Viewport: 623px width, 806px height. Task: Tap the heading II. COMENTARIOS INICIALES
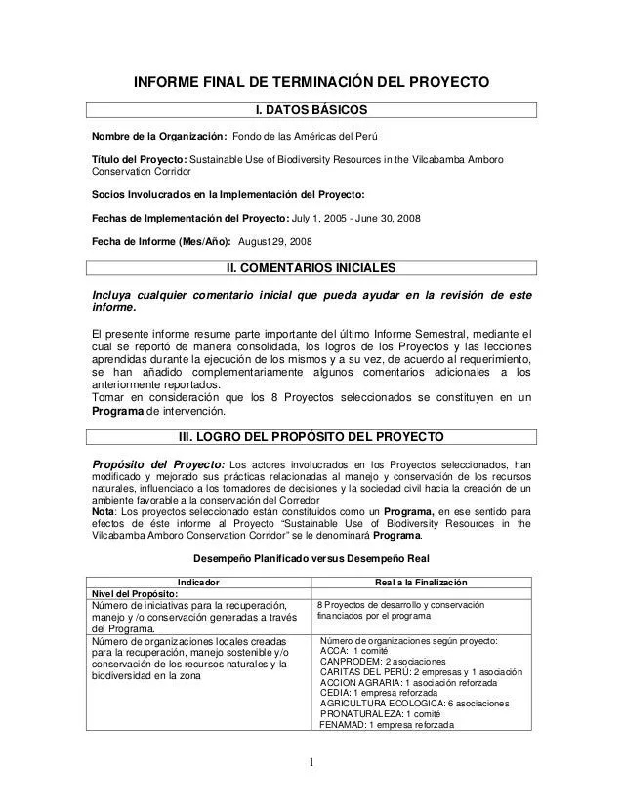(311, 267)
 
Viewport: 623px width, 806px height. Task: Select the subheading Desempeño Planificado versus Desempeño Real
(311, 559)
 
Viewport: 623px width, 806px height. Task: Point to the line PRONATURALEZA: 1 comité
(384, 712)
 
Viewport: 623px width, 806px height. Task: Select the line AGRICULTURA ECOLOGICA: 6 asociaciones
(414, 700)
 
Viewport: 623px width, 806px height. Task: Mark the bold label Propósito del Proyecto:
(157, 463)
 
